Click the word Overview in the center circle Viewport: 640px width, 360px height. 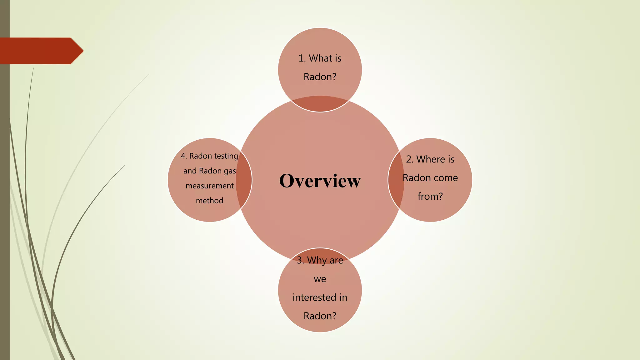click(x=320, y=181)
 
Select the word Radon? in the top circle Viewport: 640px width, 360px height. click(x=320, y=77)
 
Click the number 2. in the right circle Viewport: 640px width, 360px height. click(x=410, y=159)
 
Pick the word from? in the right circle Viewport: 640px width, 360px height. click(x=430, y=196)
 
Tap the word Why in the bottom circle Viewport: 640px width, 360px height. click(x=317, y=260)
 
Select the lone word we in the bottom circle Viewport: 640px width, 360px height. click(x=320, y=279)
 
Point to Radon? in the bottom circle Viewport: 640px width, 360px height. click(x=320, y=316)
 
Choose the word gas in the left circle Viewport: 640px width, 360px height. click(x=230, y=171)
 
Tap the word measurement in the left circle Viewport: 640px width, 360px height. click(x=210, y=186)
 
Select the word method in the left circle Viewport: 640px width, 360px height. click(x=210, y=201)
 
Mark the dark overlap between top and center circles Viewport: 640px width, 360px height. click(x=320, y=103)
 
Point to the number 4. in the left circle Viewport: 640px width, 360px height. click(x=184, y=156)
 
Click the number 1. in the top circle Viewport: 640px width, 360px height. click(x=302, y=58)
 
